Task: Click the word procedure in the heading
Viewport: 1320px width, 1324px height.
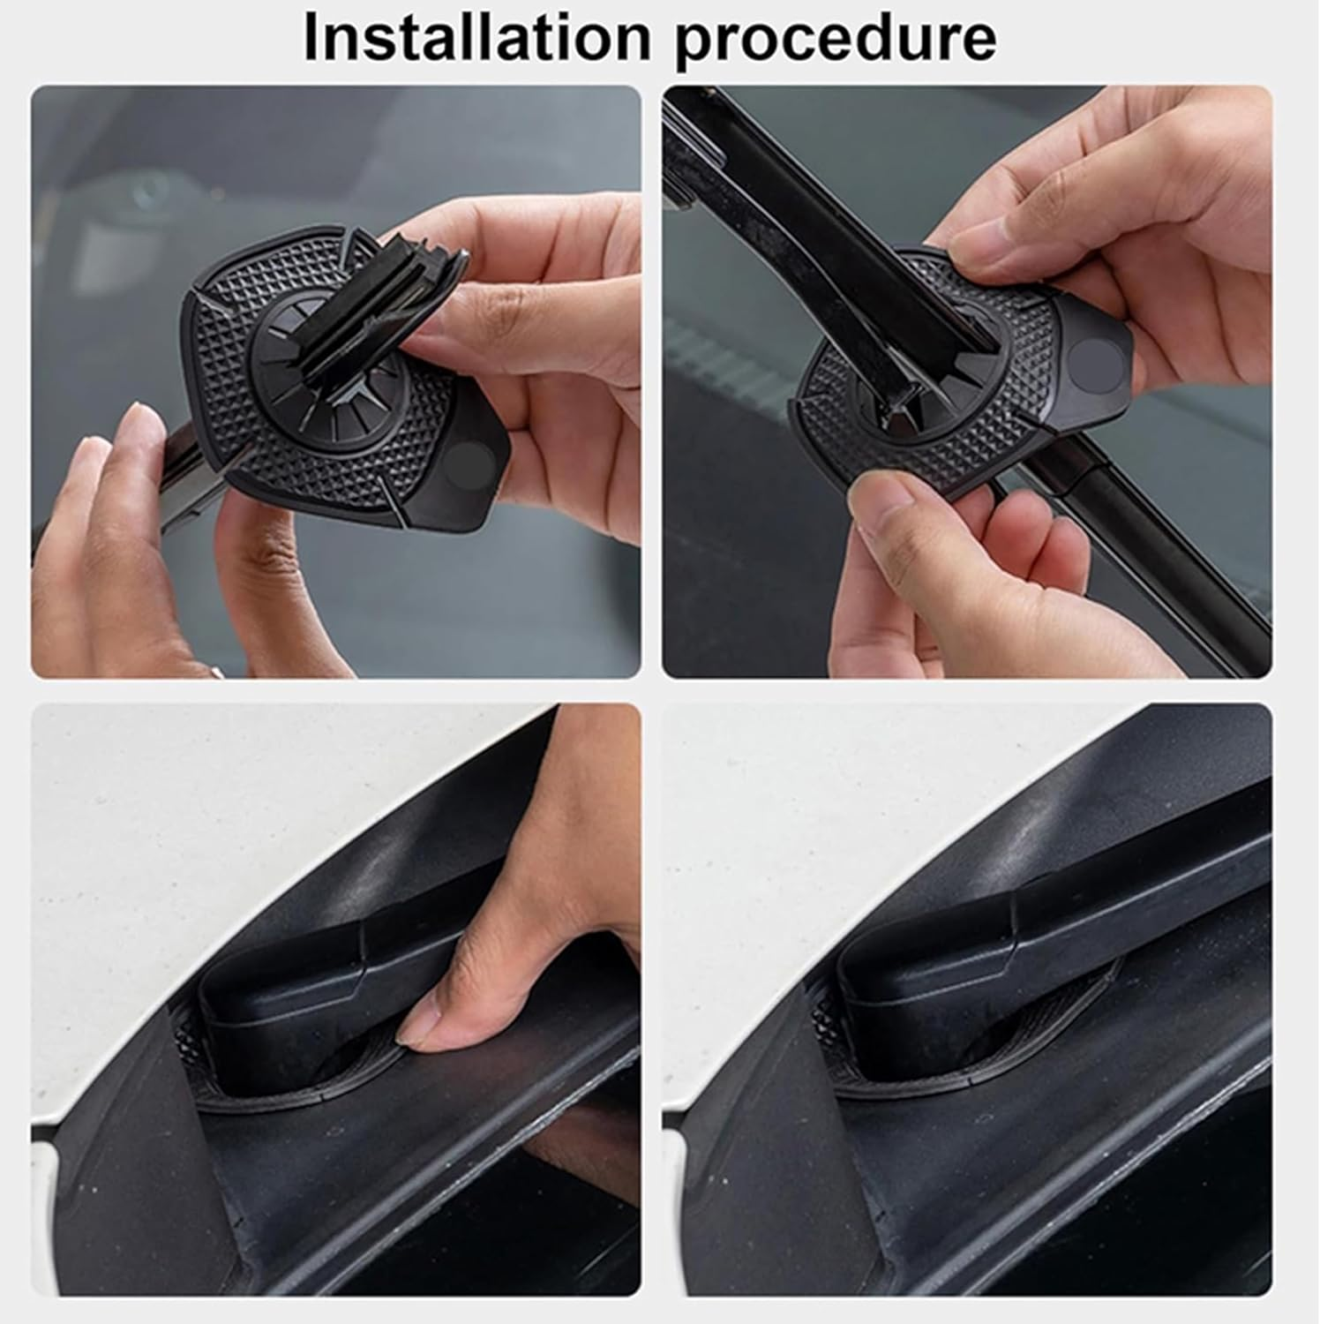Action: point(835,41)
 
